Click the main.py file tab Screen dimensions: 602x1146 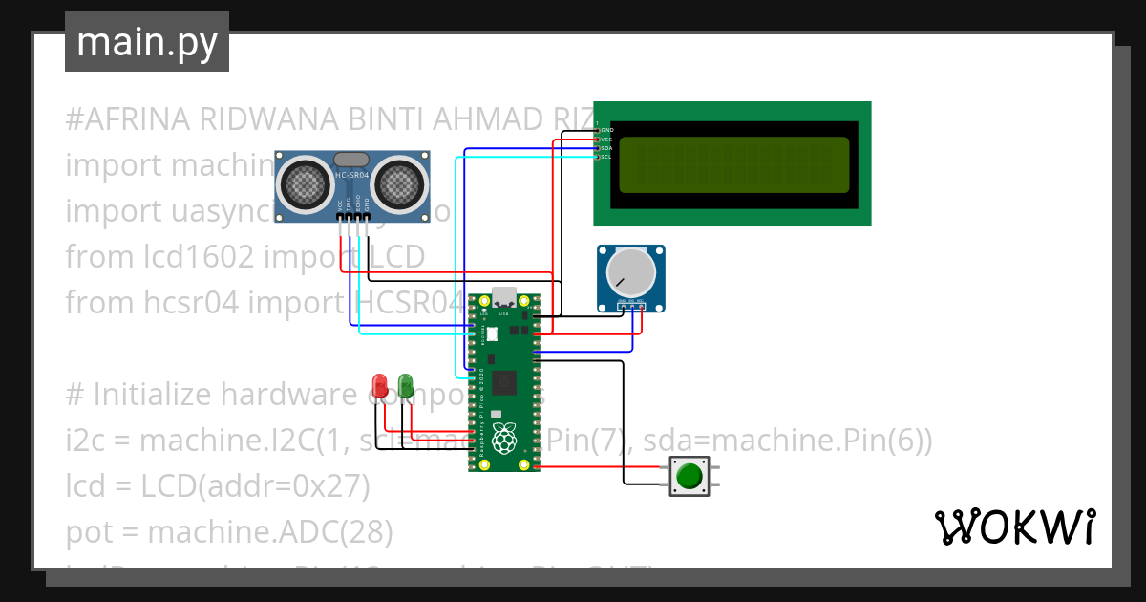click(x=146, y=42)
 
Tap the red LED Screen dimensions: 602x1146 click(x=379, y=386)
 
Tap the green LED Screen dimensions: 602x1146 click(x=405, y=386)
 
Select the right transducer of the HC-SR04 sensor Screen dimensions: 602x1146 click(x=397, y=182)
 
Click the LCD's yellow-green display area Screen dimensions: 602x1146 click(x=733, y=164)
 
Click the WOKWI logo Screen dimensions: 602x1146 click(x=1014, y=527)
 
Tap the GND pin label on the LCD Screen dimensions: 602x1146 click(x=606, y=129)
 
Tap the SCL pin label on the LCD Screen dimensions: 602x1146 click(x=606, y=157)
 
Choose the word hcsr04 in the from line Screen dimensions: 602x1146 click(x=184, y=303)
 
